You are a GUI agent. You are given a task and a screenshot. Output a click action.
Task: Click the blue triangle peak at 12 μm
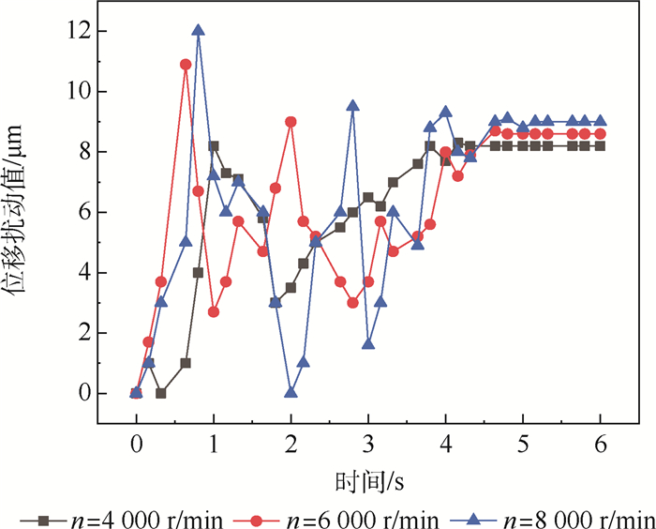pyautogui.click(x=198, y=31)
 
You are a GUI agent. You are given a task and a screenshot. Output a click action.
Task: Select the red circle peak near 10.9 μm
pyautogui.click(x=186, y=65)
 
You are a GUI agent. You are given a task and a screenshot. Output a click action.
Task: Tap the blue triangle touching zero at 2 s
pyautogui.click(x=291, y=392)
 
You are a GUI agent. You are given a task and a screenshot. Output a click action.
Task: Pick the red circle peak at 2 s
pyautogui.click(x=291, y=122)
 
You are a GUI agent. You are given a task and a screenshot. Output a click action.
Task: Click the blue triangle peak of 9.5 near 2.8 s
pyautogui.click(x=352, y=106)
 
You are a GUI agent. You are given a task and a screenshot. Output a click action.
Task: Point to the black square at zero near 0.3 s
pyautogui.click(x=161, y=393)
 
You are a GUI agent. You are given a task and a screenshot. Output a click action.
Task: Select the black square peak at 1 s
pyautogui.click(x=214, y=146)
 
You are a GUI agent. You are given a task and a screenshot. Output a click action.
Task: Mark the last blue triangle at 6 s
pyautogui.click(x=600, y=121)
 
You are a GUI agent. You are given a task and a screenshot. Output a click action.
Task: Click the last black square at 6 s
pyautogui.click(x=600, y=145)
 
